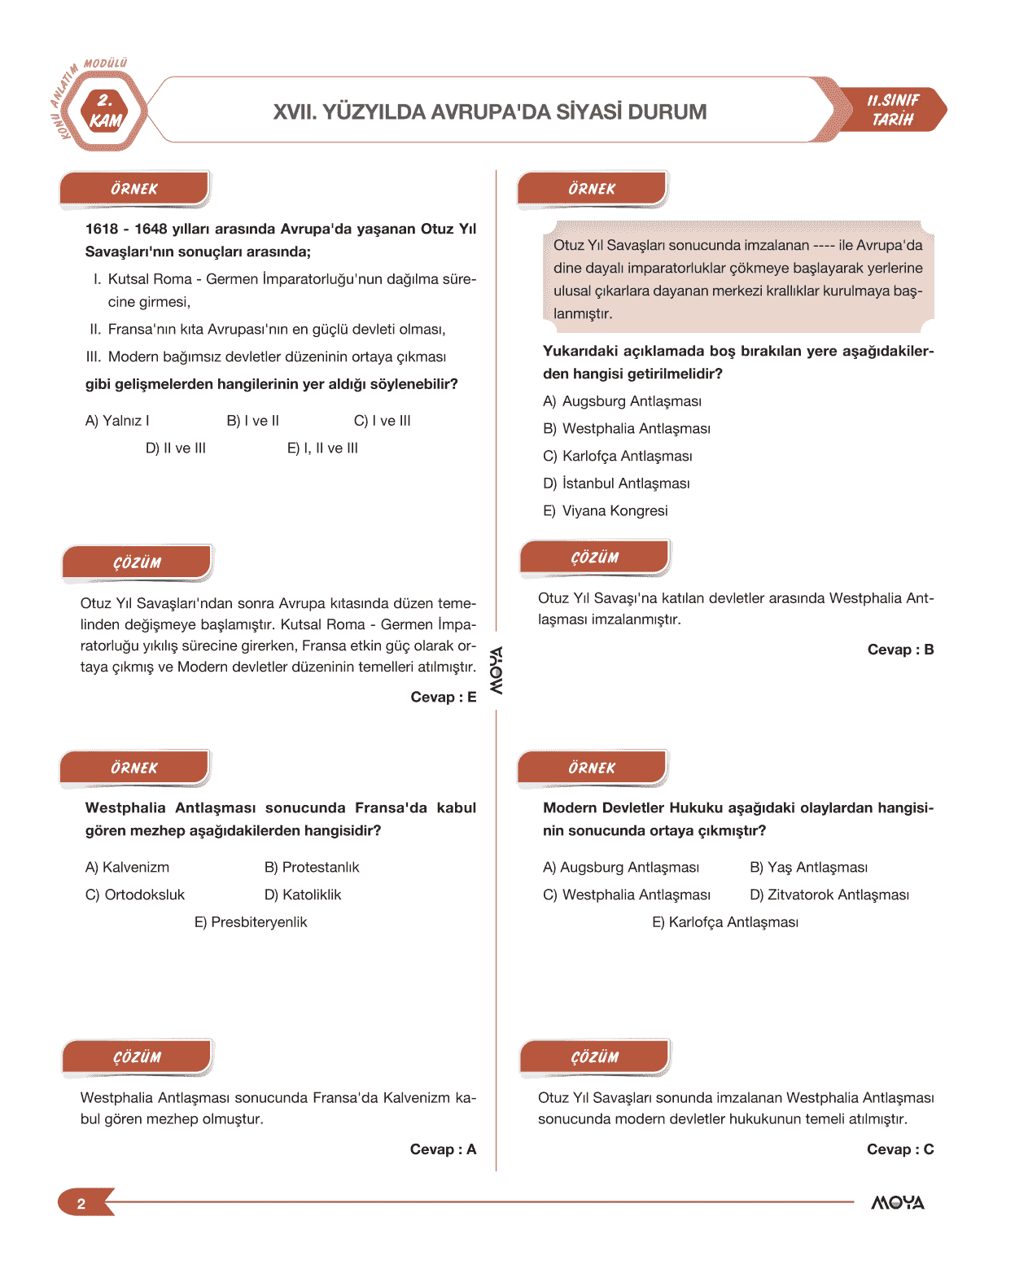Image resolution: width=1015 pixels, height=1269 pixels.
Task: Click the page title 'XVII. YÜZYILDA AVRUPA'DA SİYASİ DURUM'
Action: [x=489, y=112]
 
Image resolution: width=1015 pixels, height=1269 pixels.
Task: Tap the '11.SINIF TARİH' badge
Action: [x=893, y=110]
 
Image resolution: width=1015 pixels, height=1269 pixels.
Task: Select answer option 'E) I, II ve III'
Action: [x=322, y=449]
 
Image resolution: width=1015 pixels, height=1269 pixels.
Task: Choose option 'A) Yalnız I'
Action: [x=117, y=421]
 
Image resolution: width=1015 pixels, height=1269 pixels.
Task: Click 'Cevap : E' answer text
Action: [x=443, y=698]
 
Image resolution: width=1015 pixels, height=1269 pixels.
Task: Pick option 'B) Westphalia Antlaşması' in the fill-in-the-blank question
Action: [x=627, y=429]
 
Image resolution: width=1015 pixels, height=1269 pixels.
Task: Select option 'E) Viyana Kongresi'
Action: [x=606, y=511]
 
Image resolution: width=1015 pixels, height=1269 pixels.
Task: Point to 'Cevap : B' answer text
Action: [x=900, y=650]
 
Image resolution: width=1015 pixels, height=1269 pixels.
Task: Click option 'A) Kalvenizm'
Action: [x=128, y=868]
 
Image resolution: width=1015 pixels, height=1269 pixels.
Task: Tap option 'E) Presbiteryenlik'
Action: [x=251, y=922]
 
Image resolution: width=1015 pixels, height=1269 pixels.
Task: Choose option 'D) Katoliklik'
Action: [x=303, y=895]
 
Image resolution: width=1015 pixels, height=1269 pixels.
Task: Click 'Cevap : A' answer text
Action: [x=443, y=1150]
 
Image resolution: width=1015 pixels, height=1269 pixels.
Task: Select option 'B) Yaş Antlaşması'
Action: [x=808, y=868]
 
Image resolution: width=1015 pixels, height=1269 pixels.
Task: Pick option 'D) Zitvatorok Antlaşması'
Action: [x=829, y=895]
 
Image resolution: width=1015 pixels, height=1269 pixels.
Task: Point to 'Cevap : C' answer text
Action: [x=900, y=1150]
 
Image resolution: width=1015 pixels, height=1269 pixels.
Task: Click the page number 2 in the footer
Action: [x=81, y=1204]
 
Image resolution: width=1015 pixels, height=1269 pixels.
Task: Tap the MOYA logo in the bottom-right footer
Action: [x=898, y=1203]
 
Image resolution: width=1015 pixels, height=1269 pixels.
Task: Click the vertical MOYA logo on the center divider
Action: [x=496, y=671]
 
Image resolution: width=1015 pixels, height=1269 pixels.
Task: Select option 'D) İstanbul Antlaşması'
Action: [x=616, y=484]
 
